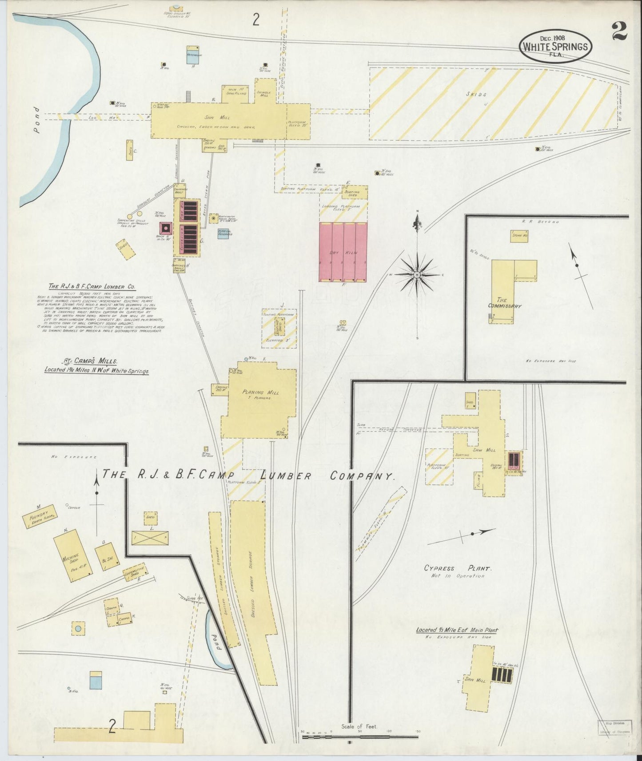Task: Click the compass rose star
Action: coord(417,275)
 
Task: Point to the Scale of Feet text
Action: coord(359,726)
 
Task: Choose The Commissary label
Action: coord(505,303)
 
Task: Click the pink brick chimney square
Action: coord(166,228)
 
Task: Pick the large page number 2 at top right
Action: coord(619,31)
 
